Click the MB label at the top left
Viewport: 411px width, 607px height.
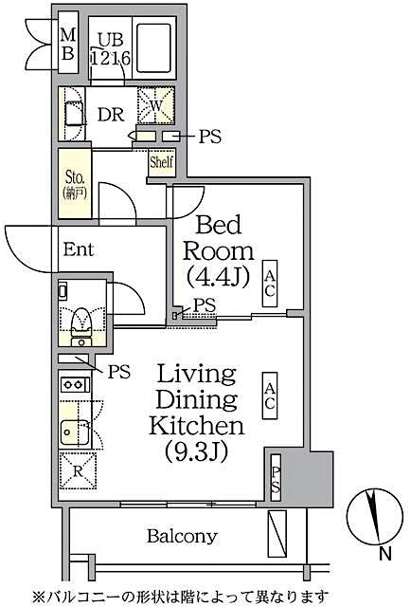click(x=68, y=45)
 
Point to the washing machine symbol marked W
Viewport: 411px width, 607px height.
click(x=155, y=105)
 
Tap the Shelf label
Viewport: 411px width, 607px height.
click(x=160, y=162)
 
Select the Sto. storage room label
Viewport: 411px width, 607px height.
click(x=74, y=180)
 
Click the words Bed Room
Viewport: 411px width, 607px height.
click(x=219, y=239)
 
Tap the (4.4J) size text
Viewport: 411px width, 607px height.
click(x=218, y=278)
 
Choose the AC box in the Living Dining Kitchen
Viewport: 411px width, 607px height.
click(x=270, y=395)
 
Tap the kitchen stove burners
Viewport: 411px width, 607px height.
click(x=73, y=386)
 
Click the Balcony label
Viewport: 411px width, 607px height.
click(x=182, y=535)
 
